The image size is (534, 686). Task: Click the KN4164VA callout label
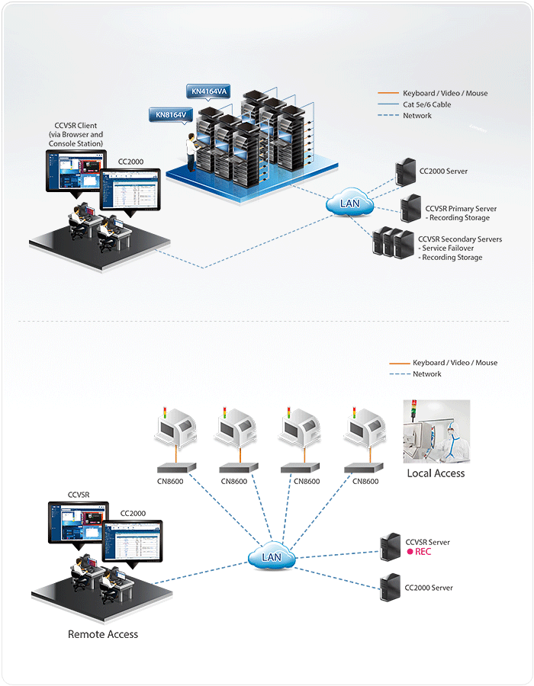pos(209,92)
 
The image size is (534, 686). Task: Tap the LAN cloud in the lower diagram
pos(272,557)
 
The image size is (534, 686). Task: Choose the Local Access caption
pos(436,473)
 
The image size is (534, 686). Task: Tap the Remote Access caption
pos(103,633)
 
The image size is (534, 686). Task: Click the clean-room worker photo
pos(436,431)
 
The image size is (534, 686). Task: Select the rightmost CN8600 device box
pos(360,468)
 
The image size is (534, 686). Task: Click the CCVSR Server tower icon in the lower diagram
pos(391,547)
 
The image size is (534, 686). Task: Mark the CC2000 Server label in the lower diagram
pos(429,588)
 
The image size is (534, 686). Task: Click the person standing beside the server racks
pos(191,149)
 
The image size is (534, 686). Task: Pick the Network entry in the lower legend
pos(427,374)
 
